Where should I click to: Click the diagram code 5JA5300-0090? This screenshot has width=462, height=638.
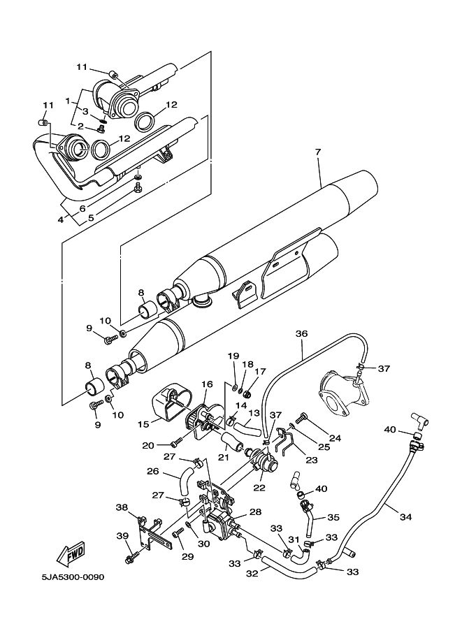tap(72, 578)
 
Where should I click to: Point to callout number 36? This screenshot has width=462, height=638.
tap(301, 334)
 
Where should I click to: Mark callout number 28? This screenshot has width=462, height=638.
tap(256, 512)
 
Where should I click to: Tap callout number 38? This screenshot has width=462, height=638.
tap(122, 509)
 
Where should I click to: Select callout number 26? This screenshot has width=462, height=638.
tap(153, 471)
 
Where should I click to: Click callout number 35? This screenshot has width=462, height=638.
tap(333, 518)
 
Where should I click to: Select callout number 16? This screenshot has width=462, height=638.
tap(208, 384)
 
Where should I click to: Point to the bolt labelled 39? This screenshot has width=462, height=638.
tap(131, 558)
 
